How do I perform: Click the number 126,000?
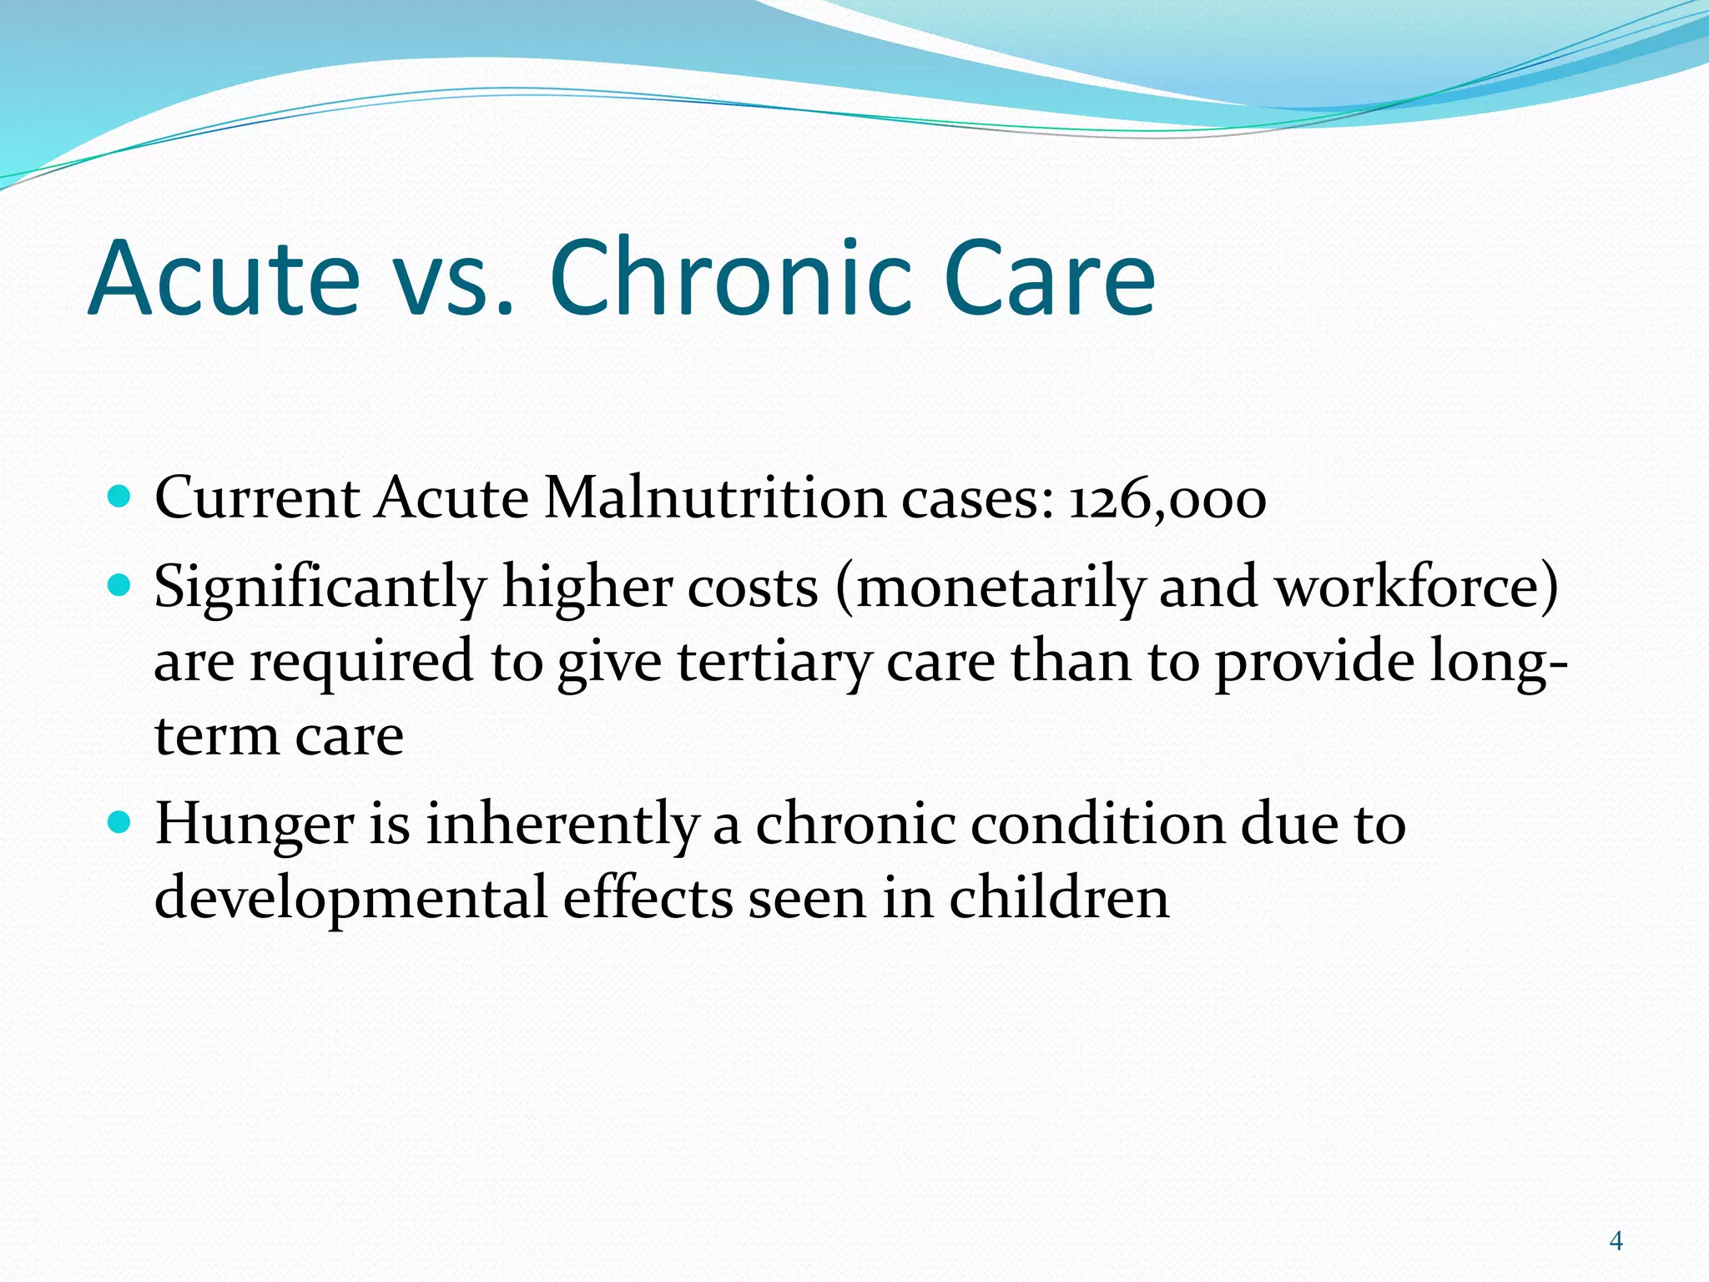1167,500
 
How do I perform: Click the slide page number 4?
1616,1241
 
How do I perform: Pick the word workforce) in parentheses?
1416,587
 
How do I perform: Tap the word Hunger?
255,825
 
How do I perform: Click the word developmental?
350,899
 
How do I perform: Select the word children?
1059,897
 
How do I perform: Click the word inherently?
562,825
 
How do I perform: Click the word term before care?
217,737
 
